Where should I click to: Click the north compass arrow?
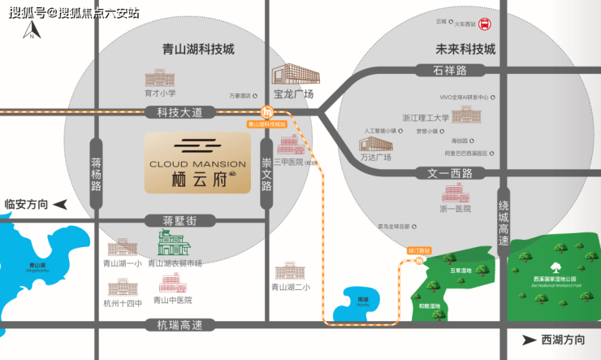coord(30,31)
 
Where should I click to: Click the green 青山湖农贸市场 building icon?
coord(172,243)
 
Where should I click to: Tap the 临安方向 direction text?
coord(27,204)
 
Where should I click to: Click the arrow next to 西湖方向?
coord(530,340)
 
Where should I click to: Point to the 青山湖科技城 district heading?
coord(198,49)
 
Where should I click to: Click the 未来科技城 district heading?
coord(465,49)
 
